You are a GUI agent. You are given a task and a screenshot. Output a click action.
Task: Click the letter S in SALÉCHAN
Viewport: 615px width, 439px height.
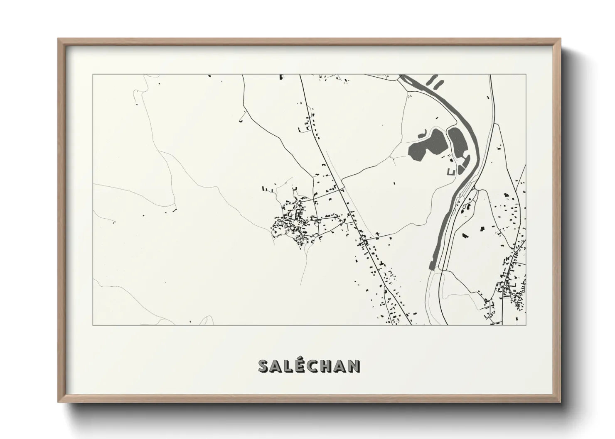(x=264, y=366)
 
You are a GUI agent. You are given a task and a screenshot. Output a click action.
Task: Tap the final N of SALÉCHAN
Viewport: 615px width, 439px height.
(x=354, y=366)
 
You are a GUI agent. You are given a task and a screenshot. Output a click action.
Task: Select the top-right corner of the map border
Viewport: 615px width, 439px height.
(x=526, y=75)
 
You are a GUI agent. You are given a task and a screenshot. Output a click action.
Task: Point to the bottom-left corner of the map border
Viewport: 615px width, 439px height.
(x=93, y=325)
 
